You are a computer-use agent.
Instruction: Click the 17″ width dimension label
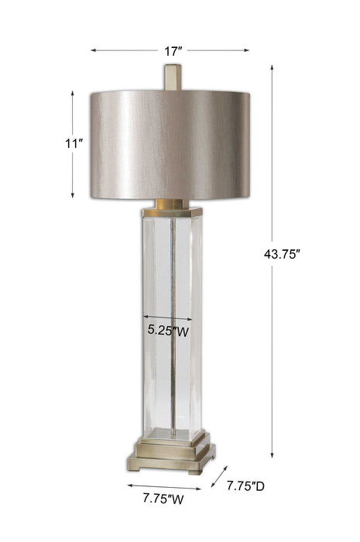(173, 51)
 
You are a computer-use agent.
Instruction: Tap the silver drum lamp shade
(171, 143)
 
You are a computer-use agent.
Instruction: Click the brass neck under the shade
(171, 206)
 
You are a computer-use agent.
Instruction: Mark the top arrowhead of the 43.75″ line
(273, 67)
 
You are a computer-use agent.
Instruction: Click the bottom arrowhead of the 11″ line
(73, 194)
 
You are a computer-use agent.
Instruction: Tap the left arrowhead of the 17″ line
(94, 50)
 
